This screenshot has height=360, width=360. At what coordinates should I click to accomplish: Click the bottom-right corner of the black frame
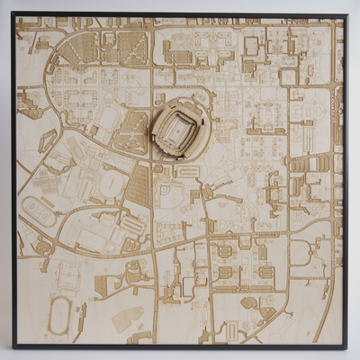click(345, 346)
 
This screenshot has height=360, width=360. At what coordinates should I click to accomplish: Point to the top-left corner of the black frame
click(13, 13)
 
